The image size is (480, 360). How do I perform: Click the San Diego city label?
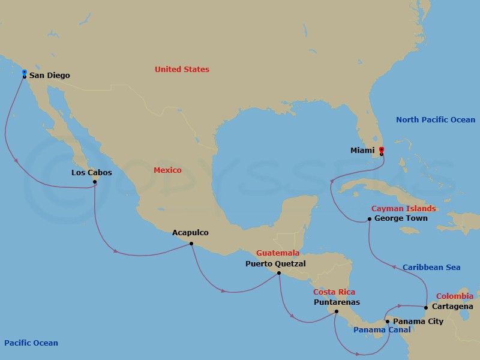[50, 76]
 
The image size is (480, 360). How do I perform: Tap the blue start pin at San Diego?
[24, 73]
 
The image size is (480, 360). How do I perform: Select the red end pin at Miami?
[382, 150]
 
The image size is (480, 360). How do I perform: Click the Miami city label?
[362, 151]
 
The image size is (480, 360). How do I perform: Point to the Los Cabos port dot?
[95, 182]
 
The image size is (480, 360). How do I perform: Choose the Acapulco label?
[190, 232]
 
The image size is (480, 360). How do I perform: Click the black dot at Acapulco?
[191, 243]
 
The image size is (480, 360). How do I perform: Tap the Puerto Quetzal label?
[275, 263]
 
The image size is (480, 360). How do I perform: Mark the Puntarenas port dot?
[337, 311]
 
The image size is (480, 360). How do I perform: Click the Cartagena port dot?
[426, 308]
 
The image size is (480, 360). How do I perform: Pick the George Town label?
[401, 218]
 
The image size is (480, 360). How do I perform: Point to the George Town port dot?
[370, 219]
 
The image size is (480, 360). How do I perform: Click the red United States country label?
[182, 70]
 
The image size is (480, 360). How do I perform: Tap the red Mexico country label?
[167, 170]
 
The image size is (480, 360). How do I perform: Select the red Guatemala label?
[278, 253]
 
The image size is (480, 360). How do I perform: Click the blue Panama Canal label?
[382, 330]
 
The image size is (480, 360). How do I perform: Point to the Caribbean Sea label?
[431, 268]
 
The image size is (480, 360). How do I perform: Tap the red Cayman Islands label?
[403, 209]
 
